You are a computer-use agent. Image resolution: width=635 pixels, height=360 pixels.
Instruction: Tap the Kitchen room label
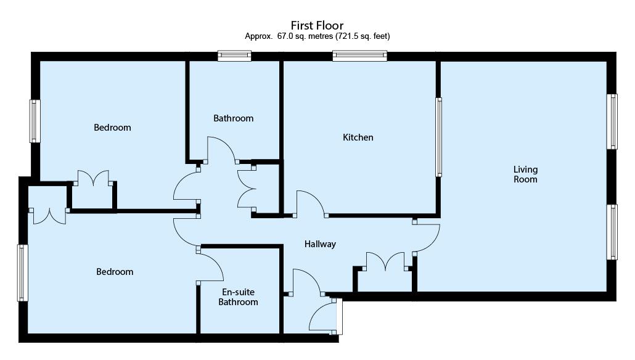coord(358,137)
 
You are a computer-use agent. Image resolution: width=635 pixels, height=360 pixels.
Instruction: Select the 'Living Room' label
coord(526,174)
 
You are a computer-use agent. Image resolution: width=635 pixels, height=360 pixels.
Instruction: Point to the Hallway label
coord(320,244)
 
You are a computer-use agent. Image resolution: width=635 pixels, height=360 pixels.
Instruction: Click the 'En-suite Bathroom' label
coord(238,297)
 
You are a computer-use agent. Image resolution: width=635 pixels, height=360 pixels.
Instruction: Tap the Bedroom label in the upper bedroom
coord(112,128)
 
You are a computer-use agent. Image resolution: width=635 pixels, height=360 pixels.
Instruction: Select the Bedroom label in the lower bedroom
coord(115,272)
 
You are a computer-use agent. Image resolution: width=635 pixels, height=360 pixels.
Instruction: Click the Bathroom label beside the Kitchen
coord(233,118)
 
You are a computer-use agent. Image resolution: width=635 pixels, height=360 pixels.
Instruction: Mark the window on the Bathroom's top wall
coord(234,56)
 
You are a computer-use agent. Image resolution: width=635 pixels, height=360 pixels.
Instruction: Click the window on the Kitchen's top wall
coord(360,56)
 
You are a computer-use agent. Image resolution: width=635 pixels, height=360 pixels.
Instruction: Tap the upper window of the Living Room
coord(612,121)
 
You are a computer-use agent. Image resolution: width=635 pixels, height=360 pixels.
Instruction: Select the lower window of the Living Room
coord(612,232)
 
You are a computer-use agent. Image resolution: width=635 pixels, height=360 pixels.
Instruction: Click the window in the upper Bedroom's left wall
coord(35,121)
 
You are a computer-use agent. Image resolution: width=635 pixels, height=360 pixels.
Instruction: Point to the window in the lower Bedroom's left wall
coord(23,272)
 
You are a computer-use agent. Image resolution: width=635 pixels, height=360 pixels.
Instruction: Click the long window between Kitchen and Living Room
coord(439,137)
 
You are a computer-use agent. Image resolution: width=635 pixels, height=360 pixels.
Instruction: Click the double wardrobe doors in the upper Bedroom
coord(93,178)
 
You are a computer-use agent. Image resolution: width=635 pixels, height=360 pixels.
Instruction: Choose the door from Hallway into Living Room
coord(427,236)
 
